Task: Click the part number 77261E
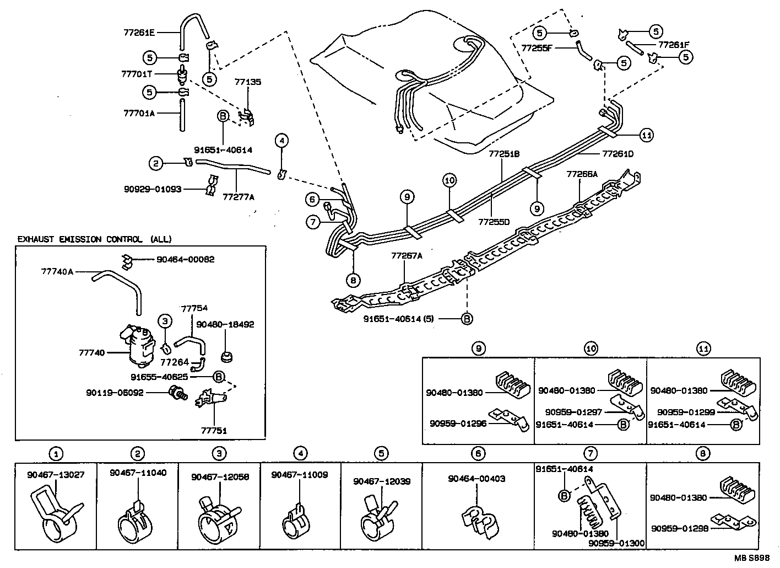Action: pos(138,33)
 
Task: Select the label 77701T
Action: pos(137,74)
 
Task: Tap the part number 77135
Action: pos(248,82)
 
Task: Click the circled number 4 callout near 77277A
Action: pos(281,141)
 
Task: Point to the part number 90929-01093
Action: pos(153,189)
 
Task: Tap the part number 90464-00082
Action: pos(185,259)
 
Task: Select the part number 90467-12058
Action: pos(220,476)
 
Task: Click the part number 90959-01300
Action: pos(616,543)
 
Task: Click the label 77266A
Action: pos(582,174)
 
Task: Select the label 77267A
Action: pos(407,256)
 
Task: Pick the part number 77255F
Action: pos(537,48)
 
